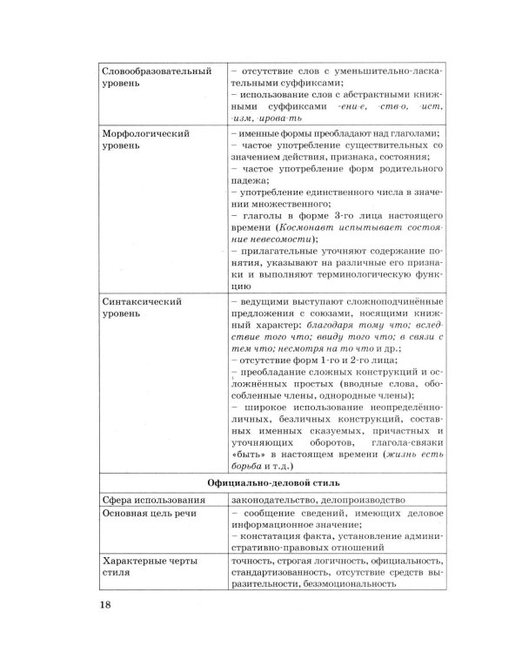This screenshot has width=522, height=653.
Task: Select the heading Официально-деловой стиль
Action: pyautogui.click(x=272, y=481)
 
